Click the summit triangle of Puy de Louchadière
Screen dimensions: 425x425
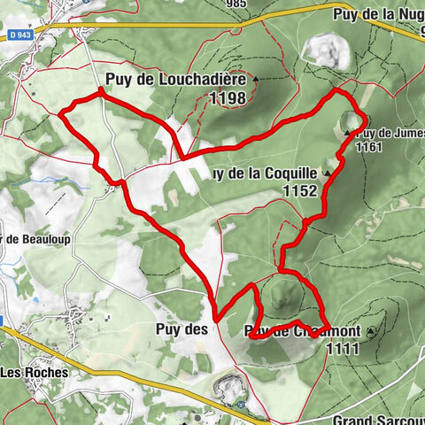(257, 80)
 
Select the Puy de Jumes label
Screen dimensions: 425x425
(390, 134)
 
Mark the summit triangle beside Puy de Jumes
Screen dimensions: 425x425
(346, 133)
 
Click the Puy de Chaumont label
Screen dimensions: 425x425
(301, 332)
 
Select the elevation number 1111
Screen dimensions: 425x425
(343, 349)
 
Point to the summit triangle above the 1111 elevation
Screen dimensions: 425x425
(370, 332)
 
